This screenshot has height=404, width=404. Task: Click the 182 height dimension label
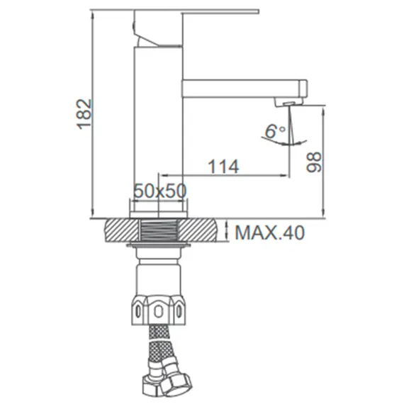(x=84, y=114)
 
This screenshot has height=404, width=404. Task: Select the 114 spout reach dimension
(x=223, y=167)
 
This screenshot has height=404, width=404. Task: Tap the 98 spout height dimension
(x=314, y=162)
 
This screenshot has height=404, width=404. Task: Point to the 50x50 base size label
(x=160, y=191)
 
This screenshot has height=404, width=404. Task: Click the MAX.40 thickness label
(x=270, y=232)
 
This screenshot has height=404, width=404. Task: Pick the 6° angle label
(x=275, y=131)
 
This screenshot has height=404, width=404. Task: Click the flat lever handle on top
(x=196, y=11)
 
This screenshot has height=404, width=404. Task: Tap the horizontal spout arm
(x=245, y=89)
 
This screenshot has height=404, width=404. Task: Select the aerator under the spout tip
(x=289, y=103)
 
